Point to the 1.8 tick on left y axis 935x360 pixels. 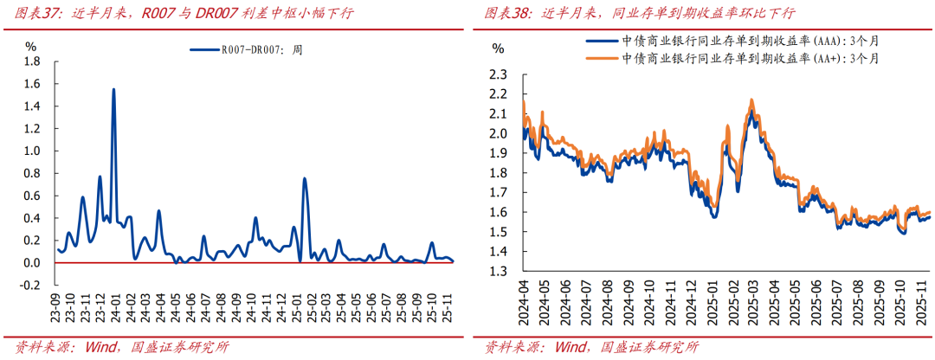click(32, 61)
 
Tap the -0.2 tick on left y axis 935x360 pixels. click(30, 285)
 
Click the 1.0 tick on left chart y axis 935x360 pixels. click(32, 151)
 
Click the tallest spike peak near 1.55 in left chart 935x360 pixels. click(113, 89)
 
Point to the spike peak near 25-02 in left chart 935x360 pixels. click(305, 179)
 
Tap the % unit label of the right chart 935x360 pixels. click(497, 48)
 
